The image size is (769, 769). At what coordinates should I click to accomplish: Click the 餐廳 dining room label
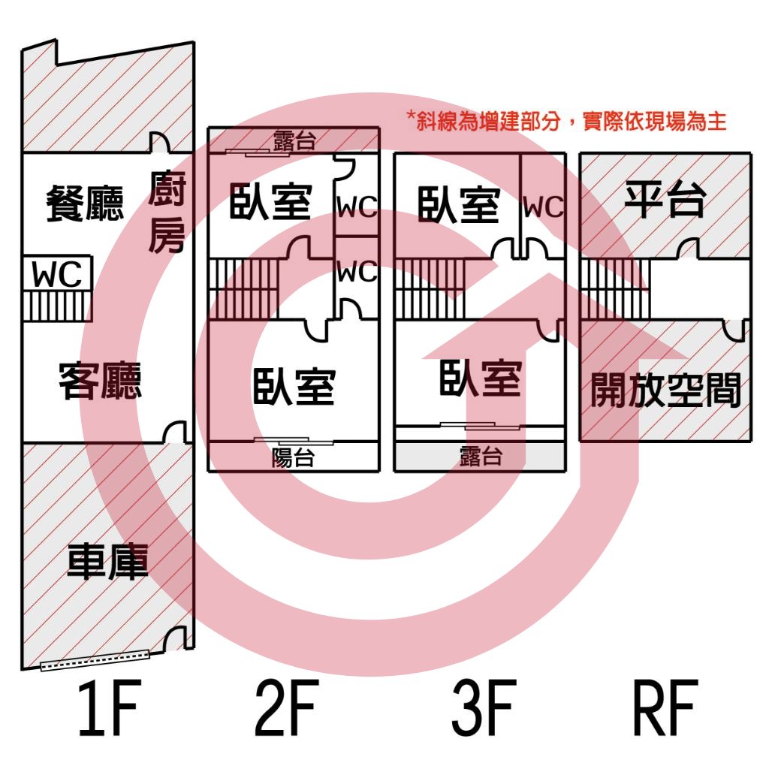(x=85, y=203)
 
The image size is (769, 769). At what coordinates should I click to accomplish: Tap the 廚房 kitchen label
(x=167, y=212)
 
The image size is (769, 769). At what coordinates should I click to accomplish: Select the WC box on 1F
(x=57, y=273)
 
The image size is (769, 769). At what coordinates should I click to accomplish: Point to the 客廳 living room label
(x=100, y=381)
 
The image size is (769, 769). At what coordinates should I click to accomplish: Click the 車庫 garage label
(x=107, y=562)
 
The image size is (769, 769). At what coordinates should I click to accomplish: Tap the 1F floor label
(x=110, y=707)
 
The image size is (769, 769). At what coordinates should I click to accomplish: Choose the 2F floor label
(x=287, y=707)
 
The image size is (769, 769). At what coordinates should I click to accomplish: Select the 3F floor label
(x=484, y=707)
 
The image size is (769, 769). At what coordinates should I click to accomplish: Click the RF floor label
(x=665, y=707)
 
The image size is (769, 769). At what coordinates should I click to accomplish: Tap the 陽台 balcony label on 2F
(x=293, y=457)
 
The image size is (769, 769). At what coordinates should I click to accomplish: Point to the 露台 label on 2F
(x=294, y=140)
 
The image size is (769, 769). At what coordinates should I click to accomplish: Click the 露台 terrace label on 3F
(x=481, y=456)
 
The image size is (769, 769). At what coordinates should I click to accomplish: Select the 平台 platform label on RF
(x=665, y=198)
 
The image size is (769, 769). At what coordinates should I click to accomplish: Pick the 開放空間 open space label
(x=665, y=391)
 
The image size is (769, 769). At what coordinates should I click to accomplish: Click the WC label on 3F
(x=543, y=207)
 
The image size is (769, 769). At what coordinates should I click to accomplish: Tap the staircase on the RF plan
(x=615, y=289)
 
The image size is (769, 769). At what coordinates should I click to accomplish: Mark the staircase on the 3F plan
(x=430, y=289)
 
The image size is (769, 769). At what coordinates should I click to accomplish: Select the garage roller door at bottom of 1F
(x=94, y=660)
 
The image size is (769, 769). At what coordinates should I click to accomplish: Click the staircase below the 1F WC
(x=57, y=306)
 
